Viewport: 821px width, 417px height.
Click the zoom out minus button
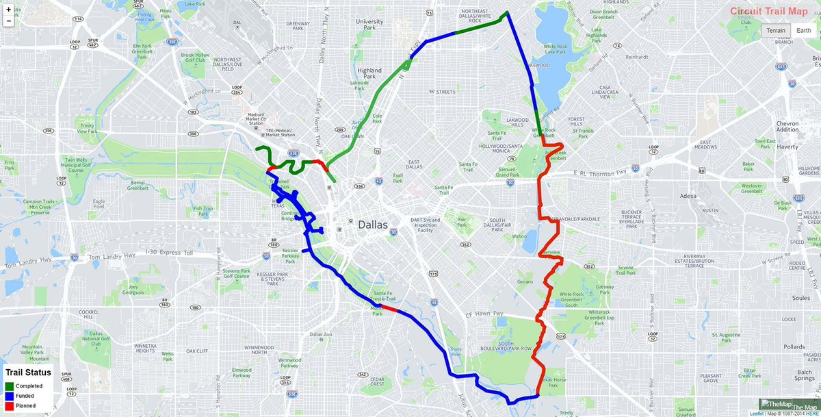point(8,21)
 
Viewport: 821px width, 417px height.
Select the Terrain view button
point(776,30)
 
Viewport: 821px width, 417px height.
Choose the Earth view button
point(804,30)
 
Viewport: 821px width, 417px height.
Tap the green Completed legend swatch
point(10,386)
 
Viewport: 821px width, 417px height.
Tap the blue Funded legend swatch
point(10,396)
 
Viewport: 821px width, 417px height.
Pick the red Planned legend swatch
point(10,405)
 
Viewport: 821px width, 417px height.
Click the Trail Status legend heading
point(28,373)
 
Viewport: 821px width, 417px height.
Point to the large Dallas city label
point(372,225)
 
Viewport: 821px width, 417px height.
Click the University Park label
point(369,25)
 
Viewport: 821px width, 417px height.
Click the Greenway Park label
point(298,26)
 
